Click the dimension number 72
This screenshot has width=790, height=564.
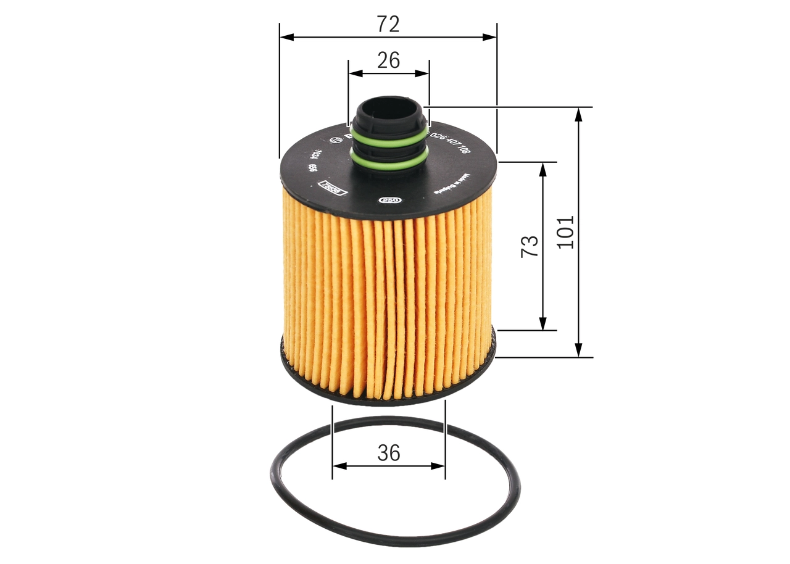389,24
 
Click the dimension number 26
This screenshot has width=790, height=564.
389,60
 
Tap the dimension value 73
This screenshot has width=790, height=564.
530,246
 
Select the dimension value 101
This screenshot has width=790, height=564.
565,232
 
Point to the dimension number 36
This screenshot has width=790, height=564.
389,453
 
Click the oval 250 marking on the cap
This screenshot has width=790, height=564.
389,200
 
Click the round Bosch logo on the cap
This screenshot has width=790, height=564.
337,140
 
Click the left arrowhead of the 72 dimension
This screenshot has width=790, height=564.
286,37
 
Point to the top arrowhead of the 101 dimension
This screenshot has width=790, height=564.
578,113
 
